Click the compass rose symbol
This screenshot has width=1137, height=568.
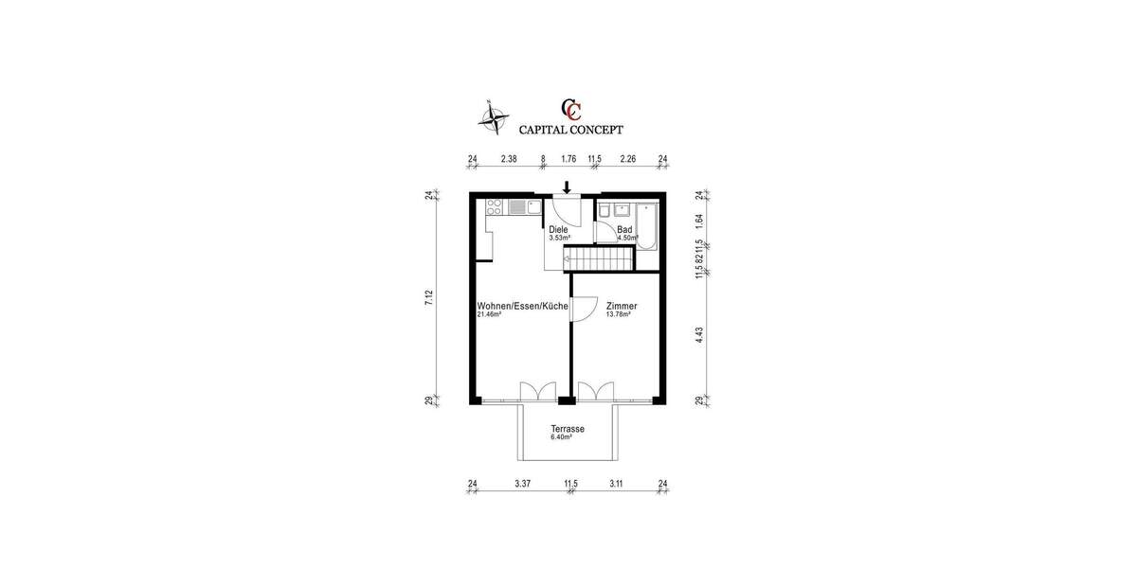click(492, 117)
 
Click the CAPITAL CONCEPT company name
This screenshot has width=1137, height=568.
click(570, 130)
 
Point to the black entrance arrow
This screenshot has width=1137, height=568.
click(567, 186)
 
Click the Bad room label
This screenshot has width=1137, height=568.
click(624, 230)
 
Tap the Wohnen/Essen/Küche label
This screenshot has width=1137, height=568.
click(522, 307)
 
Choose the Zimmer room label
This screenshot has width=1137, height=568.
click(622, 307)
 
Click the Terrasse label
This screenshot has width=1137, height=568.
click(568, 429)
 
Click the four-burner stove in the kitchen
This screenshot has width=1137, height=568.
click(494, 207)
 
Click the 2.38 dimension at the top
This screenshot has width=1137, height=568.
click(508, 160)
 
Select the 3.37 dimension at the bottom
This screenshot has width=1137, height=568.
click(522, 484)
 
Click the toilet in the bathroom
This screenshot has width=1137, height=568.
click(605, 209)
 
